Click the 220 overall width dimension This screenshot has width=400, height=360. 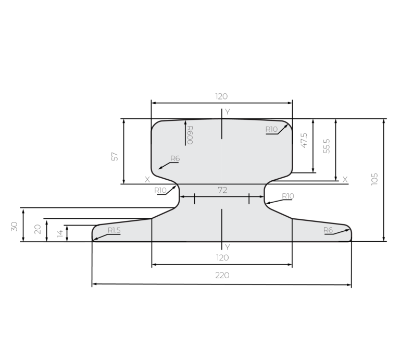(x=222, y=275)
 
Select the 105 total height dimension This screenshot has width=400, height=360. (x=374, y=179)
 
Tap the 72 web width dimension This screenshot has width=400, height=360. (x=222, y=190)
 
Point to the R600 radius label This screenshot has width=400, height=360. (x=190, y=135)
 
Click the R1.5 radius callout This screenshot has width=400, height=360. (x=114, y=230)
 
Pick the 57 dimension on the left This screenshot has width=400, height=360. (x=115, y=156)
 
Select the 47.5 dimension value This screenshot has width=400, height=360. (x=304, y=140)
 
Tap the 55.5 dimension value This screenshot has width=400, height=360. (x=327, y=146)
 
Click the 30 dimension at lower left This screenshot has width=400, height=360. (x=14, y=227)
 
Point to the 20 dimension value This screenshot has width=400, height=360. (x=37, y=229)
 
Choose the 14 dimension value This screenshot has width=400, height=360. (x=59, y=233)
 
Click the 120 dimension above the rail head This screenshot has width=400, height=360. (x=221, y=96)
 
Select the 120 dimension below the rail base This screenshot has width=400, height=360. (x=222, y=257)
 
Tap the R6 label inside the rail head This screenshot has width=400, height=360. (x=175, y=158)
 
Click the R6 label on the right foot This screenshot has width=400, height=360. (x=328, y=230)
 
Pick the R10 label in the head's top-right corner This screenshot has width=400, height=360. (x=271, y=129)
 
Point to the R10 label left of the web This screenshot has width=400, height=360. (x=160, y=190)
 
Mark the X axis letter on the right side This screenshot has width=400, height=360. (x=345, y=179)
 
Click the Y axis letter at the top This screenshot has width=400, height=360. (x=227, y=112)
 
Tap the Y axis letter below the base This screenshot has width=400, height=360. (x=227, y=246)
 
